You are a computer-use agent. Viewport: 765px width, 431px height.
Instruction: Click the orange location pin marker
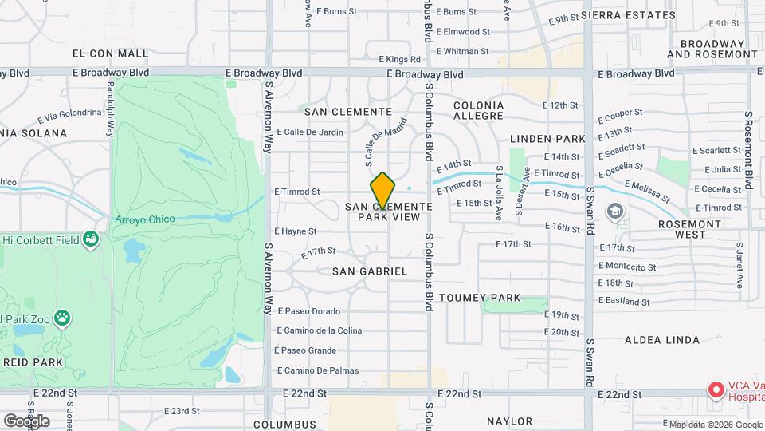382,191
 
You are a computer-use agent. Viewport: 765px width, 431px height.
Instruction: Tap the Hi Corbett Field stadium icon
92,239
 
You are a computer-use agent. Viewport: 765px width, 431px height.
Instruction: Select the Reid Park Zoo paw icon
61,320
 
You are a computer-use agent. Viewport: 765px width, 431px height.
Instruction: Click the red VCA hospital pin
716,389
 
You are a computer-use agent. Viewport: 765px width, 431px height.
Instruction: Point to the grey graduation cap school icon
614,212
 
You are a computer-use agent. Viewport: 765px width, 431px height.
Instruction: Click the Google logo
26,421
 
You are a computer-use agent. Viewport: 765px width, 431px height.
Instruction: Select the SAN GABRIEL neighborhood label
369,271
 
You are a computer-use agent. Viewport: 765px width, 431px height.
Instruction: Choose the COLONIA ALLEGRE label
478,111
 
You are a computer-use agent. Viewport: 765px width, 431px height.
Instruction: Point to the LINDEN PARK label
547,139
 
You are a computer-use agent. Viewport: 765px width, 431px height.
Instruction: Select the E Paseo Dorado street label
308,311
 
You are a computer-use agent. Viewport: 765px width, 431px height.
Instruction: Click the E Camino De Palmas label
316,370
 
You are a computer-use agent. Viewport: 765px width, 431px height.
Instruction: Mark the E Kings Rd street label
399,59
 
